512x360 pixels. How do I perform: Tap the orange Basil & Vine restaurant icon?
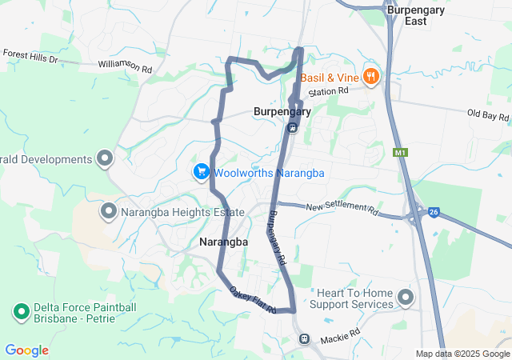click(x=370, y=77)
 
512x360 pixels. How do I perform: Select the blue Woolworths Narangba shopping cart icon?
click(x=201, y=171)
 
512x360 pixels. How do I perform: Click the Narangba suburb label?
click(x=223, y=241)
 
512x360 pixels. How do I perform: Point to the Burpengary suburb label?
click(x=281, y=112)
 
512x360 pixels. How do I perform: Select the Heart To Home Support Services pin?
click(x=406, y=298)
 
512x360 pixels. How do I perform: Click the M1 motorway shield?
click(x=401, y=151)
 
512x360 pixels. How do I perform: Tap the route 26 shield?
click(x=434, y=211)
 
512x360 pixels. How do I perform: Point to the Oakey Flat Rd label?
click(x=252, y=301)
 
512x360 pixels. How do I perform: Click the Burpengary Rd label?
click(x=277, y=238)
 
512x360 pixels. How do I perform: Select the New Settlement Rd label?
click(x=342, y=207)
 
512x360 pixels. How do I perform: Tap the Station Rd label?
click(x=330, y=91)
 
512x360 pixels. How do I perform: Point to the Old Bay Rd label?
click(x=488, y=115)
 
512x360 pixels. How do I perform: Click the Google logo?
click(x=26, y=350)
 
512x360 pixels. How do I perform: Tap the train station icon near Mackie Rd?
click(x=304, y=338)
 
